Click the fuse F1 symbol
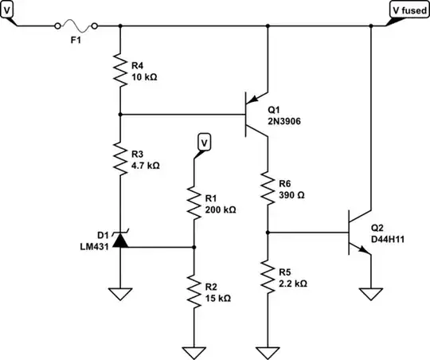pyautogui.click(x=76, y=26)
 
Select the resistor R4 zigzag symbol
pyautogui.click(x=120, y=71)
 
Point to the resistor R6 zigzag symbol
pyautogui.click(x=267, y=188)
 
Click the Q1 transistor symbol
pyautogui.click(x=259, y=115)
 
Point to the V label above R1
pyautogui.click(x=204, y=143)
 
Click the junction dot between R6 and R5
pyautogui.click(x=267, y=233)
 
